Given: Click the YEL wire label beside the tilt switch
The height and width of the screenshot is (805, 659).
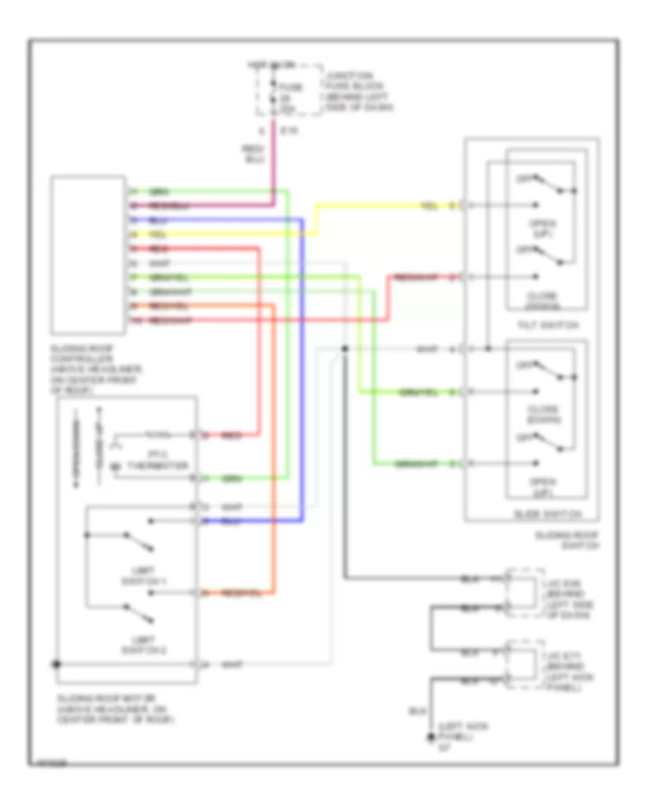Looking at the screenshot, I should click(x=429, y=205).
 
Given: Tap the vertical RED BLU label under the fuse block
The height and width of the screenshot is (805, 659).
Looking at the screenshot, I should click(x=249, y=153).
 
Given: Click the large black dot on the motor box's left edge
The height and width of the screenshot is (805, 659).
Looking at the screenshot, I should click(x=57, y=664).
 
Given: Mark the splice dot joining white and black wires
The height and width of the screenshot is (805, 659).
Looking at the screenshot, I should click(x=345, y=350).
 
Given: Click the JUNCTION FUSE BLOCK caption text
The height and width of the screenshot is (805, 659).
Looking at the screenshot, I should click(x=357, y=91).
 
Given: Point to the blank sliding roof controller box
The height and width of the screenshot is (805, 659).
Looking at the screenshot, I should click(x=86, y=254).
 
